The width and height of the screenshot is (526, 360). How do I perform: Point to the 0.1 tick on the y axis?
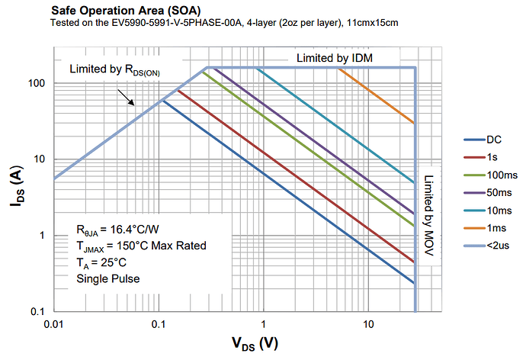pyautogui.click(x=38, y=312)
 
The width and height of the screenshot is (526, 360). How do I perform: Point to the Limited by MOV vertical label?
pyautogui.click(x=428, y=213)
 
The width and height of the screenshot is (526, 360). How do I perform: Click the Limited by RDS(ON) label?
pyautogui.click(x=114, y=69)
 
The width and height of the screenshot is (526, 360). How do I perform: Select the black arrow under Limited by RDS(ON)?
pyautogui.click(x=125, y=98)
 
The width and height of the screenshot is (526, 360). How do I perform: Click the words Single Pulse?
pyautogui.click(x=107, y=278)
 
